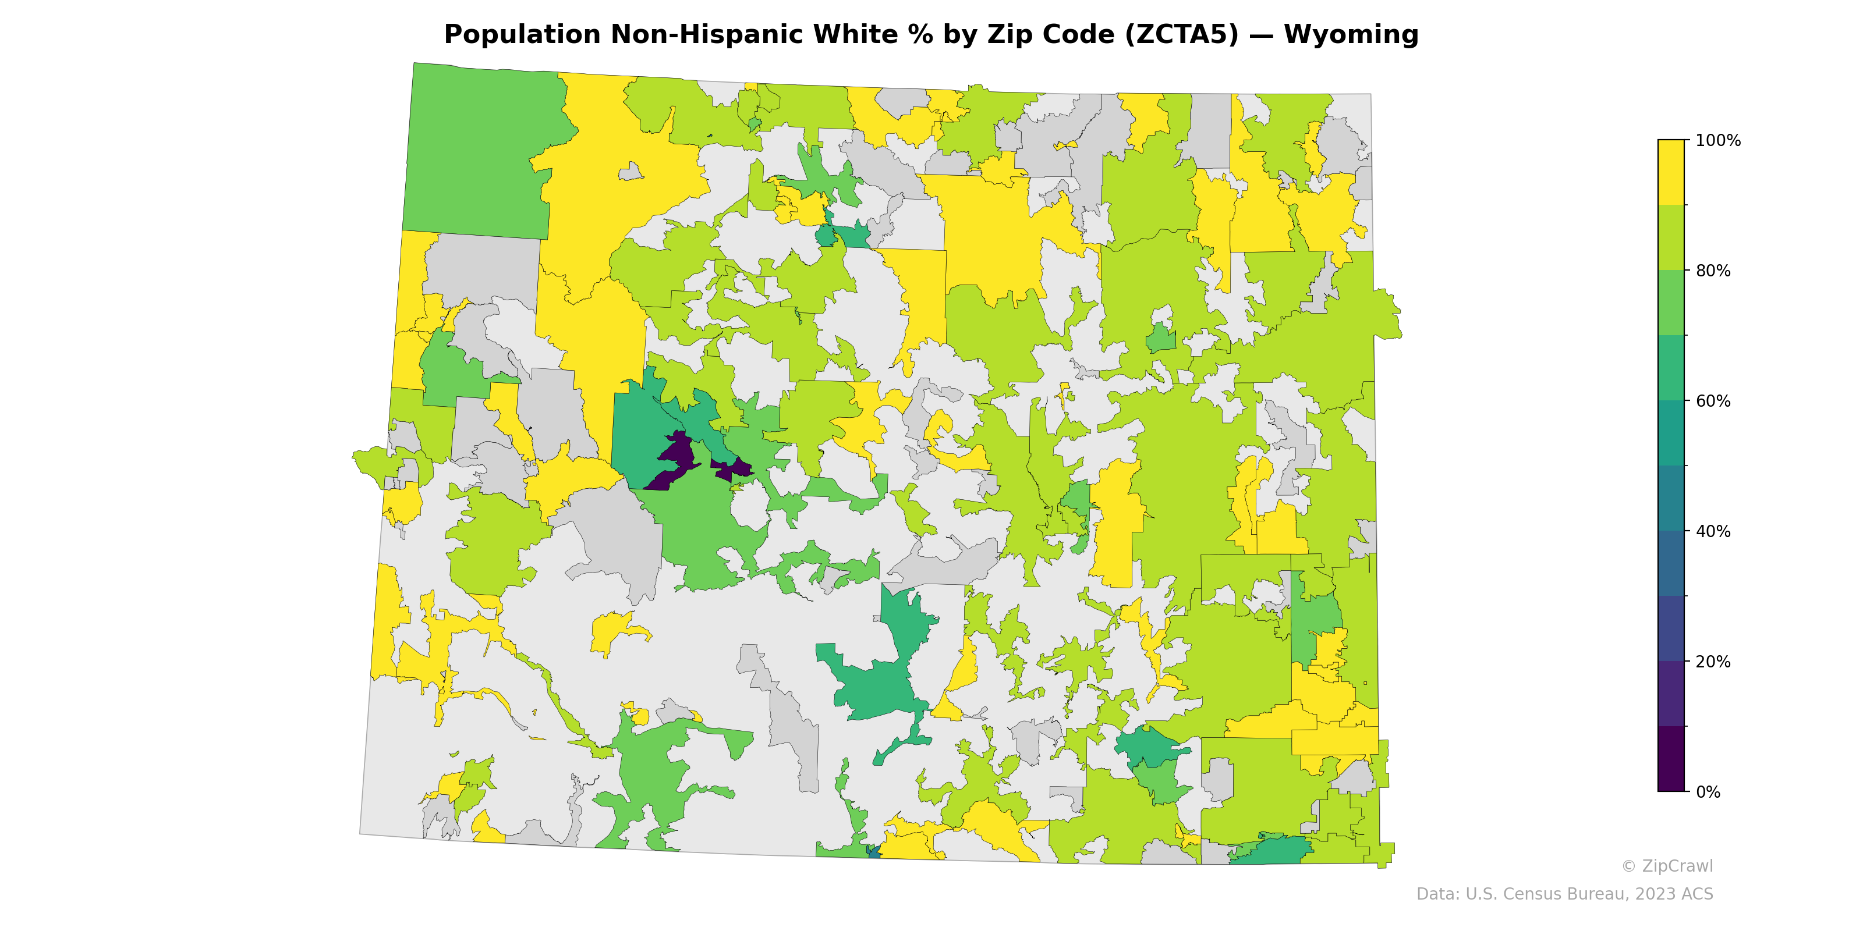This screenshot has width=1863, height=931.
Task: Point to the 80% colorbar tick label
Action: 1713,271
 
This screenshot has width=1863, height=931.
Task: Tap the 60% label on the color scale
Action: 1713,401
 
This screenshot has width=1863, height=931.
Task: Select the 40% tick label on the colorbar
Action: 1713,531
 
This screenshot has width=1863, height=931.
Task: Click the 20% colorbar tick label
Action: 1713,662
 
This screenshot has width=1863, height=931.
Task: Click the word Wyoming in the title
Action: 1350,35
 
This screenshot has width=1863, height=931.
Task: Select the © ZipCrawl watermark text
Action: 1666,866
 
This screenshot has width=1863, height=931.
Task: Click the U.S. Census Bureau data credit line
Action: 1564,894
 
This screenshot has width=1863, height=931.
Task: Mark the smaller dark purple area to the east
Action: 734,468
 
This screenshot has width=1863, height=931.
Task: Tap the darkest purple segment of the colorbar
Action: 1671,759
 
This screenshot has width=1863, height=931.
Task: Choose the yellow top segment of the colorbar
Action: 1671,172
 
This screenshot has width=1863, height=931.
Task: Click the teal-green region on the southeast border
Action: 1273,851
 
